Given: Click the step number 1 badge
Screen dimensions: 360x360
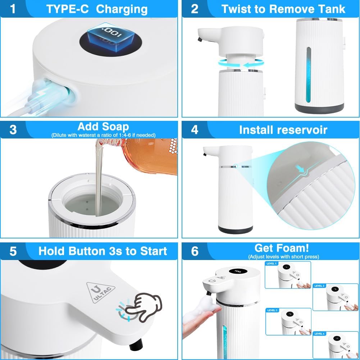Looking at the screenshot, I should tap(13, 9).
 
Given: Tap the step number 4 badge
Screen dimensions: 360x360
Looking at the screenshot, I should tap(195, 129).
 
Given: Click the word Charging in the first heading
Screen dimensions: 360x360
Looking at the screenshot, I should tap(122, 9).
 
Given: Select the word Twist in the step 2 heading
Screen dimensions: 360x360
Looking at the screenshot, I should tap(238, 9).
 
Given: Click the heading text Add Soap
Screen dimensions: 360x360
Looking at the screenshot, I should tap(103, 127).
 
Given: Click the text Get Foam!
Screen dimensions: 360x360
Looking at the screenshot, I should tap(282, 248).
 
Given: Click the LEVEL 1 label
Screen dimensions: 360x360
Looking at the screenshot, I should tap(272, 264).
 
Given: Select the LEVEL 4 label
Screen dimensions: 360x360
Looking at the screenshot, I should tap(320, 334).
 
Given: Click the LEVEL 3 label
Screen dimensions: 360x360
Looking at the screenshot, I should tap(272, 310).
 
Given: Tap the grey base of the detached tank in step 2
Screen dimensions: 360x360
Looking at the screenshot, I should tap(319, 107).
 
